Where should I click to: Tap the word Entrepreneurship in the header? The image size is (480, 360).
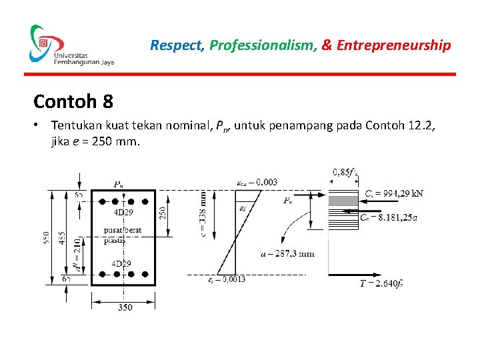pos(394,45)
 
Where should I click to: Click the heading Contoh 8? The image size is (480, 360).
pos(73,102)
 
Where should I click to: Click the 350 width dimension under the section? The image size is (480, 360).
pos(124,307)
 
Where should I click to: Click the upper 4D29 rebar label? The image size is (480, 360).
pos(122,213)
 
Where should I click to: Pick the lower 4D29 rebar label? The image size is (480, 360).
pos(122,264)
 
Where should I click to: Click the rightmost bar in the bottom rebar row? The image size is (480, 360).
pos(145,274)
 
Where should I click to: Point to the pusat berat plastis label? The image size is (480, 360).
pos(123,235)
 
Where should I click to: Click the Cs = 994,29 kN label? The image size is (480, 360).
pos(393,194)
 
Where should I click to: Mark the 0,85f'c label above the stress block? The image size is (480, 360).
pos(345,172)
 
